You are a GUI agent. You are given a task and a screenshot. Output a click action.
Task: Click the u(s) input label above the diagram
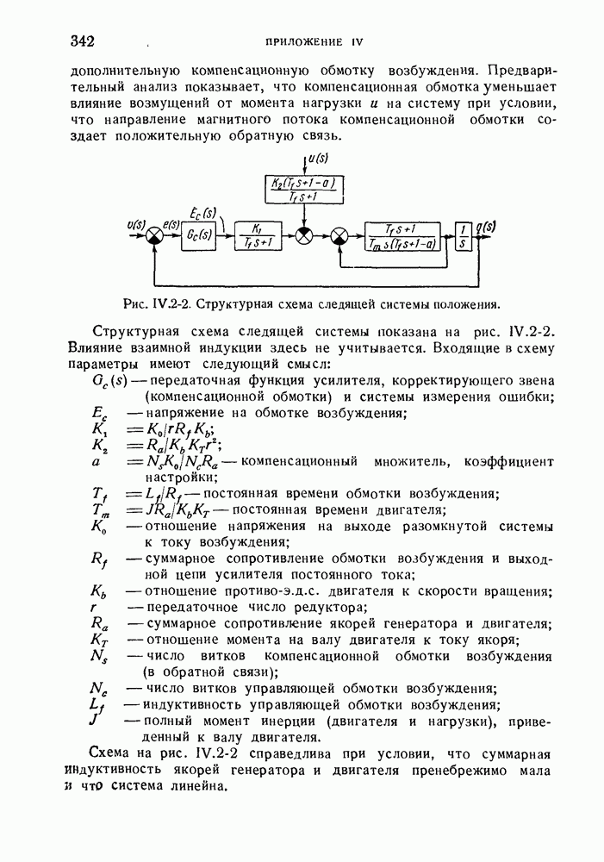[317, 159]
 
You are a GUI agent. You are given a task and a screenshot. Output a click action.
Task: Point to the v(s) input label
[136, 226]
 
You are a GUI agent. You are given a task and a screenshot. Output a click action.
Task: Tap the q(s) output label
[488, 227]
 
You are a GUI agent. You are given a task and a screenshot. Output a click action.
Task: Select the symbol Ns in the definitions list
[103, 658]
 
